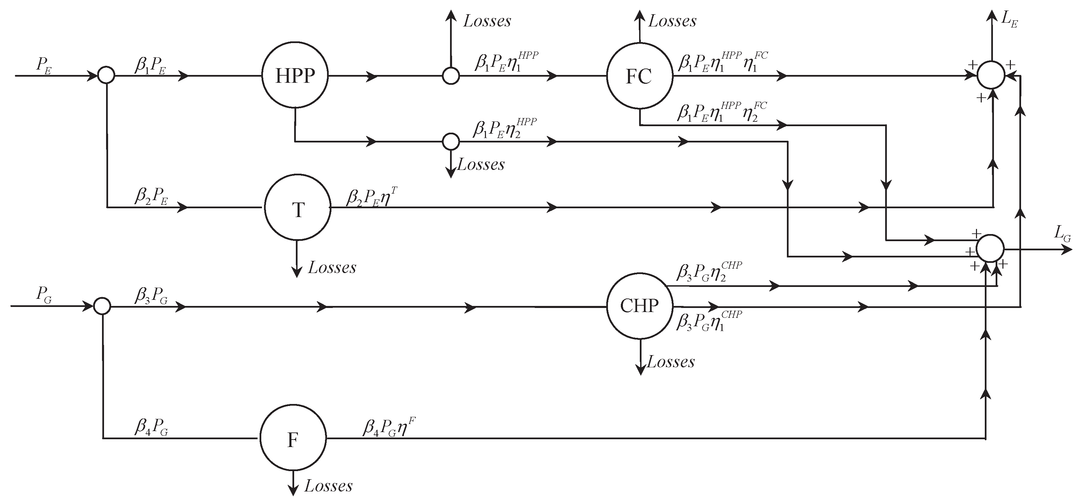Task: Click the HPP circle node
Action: coord(295,75)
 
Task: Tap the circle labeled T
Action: coord(298,208)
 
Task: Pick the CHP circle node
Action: coord(639,306)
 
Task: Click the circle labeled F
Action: coord(293,438)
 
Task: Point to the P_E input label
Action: coord(44,65)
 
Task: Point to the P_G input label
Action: coord(44,295)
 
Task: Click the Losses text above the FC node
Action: coord(672,21)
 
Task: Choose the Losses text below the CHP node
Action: coord(671,362)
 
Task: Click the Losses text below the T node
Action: coord(332,267)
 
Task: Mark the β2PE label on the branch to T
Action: coord(151,196)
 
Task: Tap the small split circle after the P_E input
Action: coord(106,75)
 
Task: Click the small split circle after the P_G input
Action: coord(102,306)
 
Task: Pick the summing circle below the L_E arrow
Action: coord(991,75)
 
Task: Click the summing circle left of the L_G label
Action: coord(990,248)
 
